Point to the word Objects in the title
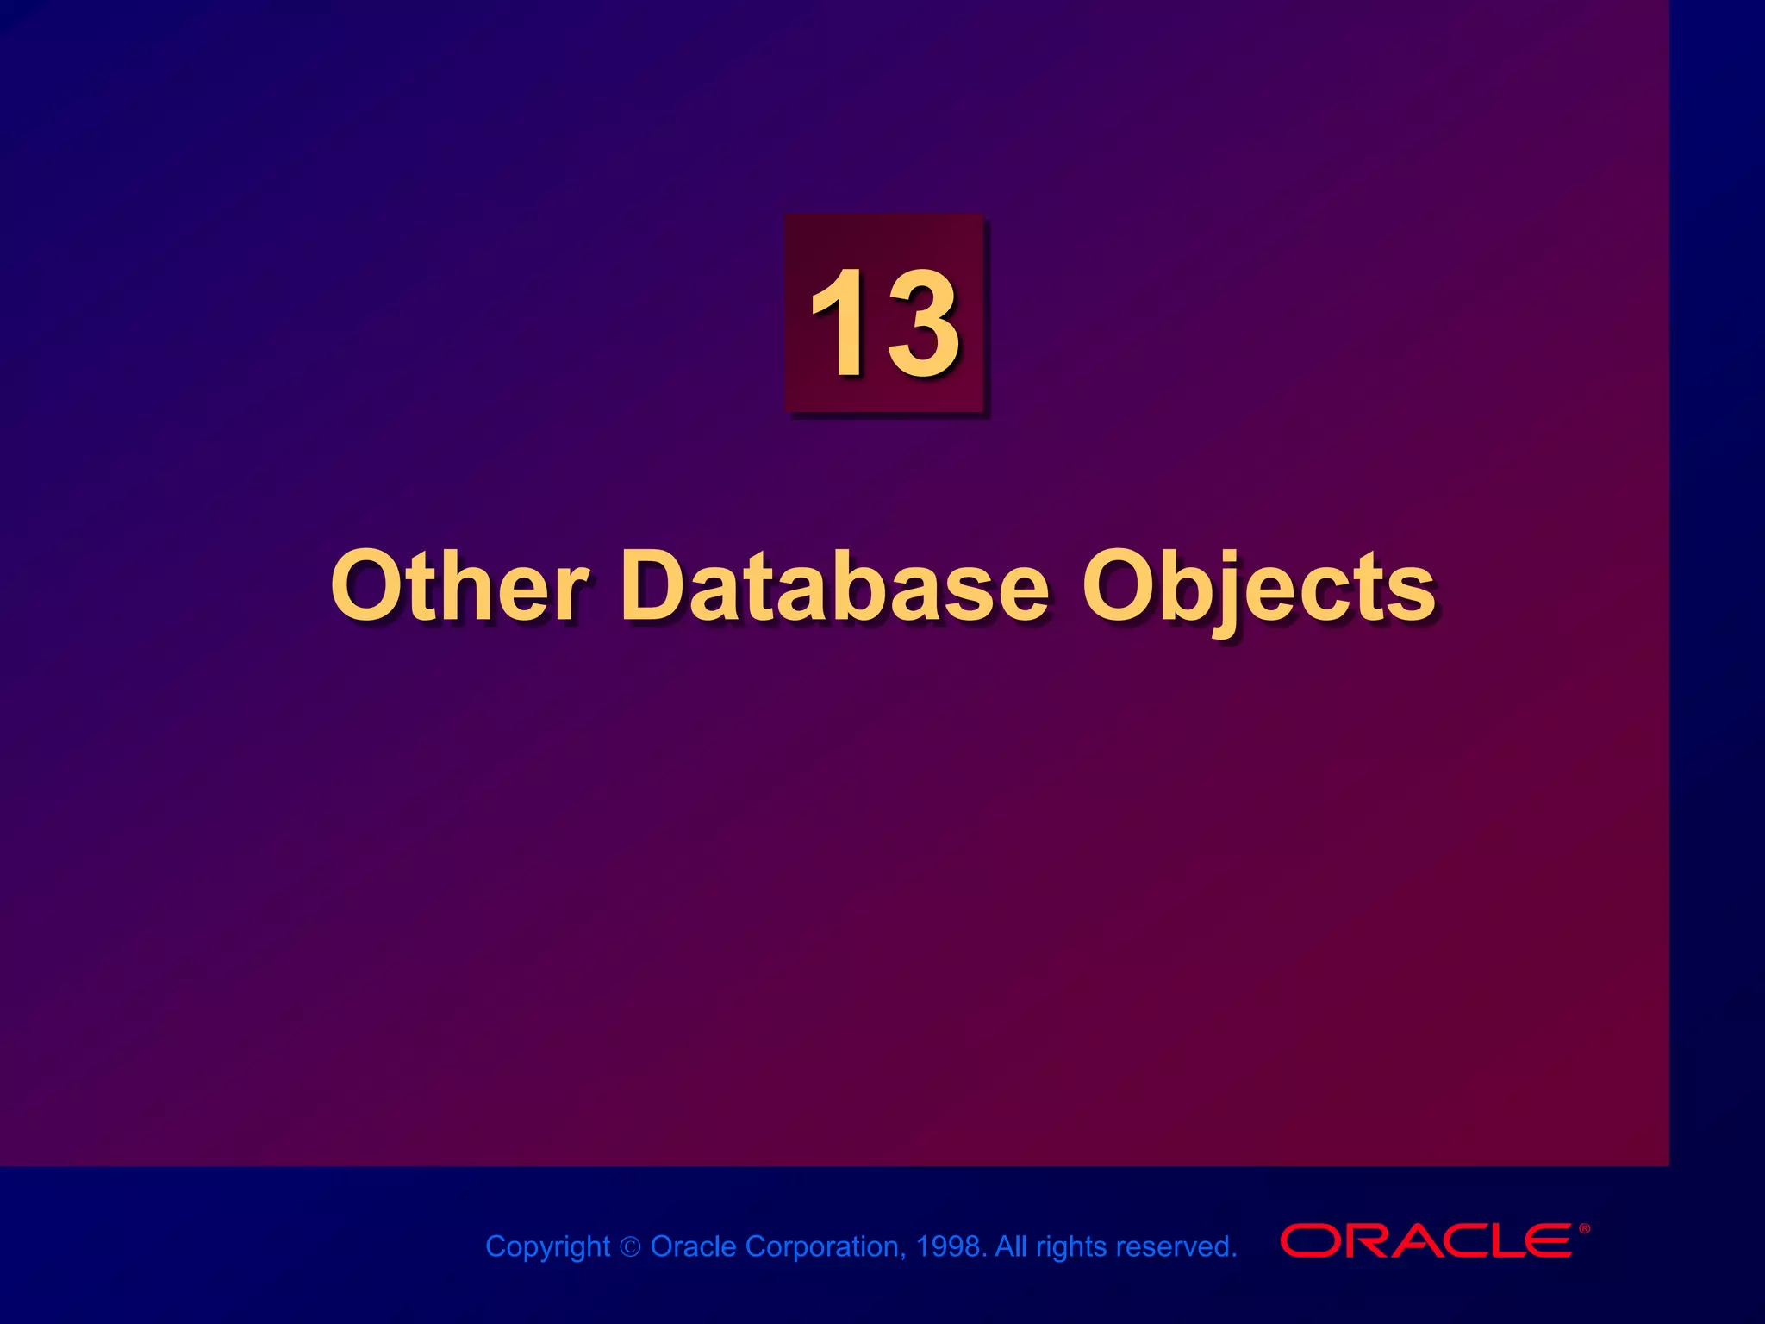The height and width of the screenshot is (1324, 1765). [x=1258, y=588]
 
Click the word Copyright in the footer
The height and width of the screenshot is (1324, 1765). [x=547, y=1246]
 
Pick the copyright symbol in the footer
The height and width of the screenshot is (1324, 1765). [x=631, y=1247]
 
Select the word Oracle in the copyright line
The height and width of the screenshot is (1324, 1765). [x=693, y=1246]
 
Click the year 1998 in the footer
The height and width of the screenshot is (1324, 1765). [x=948, y=1246]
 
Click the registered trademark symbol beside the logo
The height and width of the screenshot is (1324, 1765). [x=1584, y=1228]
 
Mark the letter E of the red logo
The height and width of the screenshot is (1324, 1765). [x=1548, y=1240]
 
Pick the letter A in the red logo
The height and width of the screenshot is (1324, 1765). [x=1403, y=1240]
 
